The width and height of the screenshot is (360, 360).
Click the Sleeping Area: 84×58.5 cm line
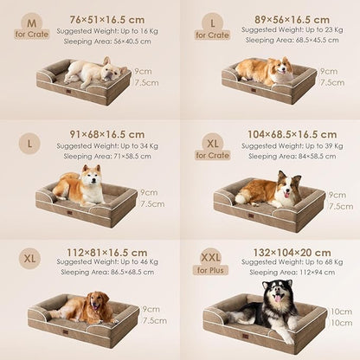(x=287, y=157)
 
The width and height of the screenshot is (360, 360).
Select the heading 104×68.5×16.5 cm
(x=292, y=134)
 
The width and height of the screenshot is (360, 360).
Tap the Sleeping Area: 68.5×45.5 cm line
(x=287, y=39)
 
